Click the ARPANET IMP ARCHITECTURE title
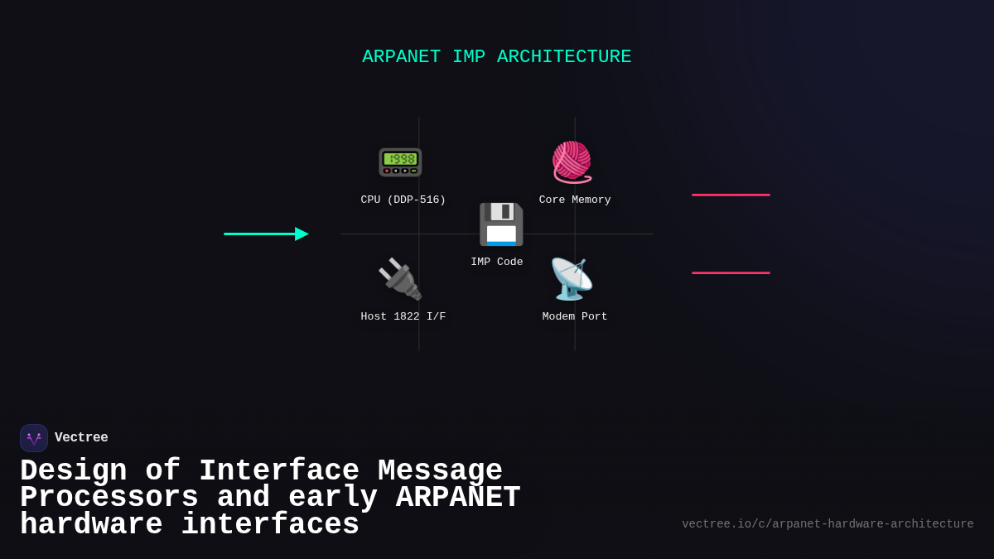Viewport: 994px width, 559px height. click(496, 57)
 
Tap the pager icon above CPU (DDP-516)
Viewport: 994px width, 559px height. click(400, 161)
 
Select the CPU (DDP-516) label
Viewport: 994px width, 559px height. click(403, 200)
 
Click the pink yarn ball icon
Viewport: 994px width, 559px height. click(572, 161)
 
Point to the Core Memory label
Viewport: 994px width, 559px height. click(575, 200)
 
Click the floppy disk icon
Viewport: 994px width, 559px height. click(501, 224)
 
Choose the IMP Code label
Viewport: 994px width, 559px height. click(497, 263)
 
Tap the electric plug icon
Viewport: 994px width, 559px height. click(400, 279)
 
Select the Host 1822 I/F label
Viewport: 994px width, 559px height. click(403, 317)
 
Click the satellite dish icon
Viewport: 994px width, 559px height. click(572, 279)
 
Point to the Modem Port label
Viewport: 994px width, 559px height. click(575, 317)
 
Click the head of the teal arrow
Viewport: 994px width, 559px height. click(302, 234)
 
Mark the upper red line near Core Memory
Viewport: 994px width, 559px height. click(731, 195)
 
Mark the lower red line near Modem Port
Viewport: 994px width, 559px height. click(731, 273)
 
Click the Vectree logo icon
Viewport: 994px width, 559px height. click(34, 438)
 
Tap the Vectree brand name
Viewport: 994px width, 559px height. click(81, 438)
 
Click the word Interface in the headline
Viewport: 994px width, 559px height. click(279, 471)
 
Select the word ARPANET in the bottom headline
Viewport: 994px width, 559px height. click(458, 498)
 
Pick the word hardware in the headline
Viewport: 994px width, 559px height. click(91, 525)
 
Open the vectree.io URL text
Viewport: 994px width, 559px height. click(828, 524)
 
